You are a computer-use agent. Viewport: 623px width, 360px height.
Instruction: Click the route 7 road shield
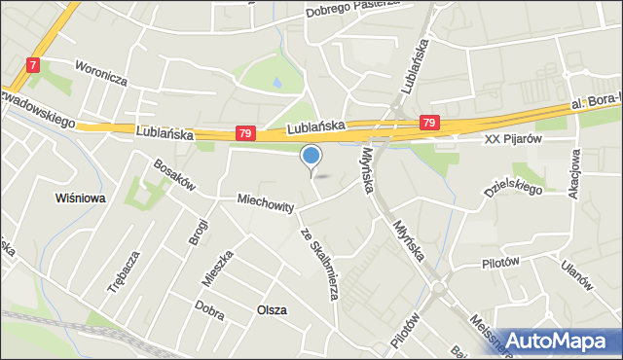pyautogui.click(x=34, y=65)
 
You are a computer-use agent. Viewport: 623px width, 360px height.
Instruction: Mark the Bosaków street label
pyautogui.click(x=172, y=180)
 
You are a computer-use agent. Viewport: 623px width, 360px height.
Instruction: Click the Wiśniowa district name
pyautogui.click(x=81, y=198)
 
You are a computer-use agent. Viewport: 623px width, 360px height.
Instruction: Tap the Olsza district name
pyautogui.click(x=271, y=309)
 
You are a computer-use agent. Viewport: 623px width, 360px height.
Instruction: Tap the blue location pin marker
pyautogui.click(x=311, y=157)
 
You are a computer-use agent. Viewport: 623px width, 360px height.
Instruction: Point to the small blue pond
pyautogui.click(x=278, y=85)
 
